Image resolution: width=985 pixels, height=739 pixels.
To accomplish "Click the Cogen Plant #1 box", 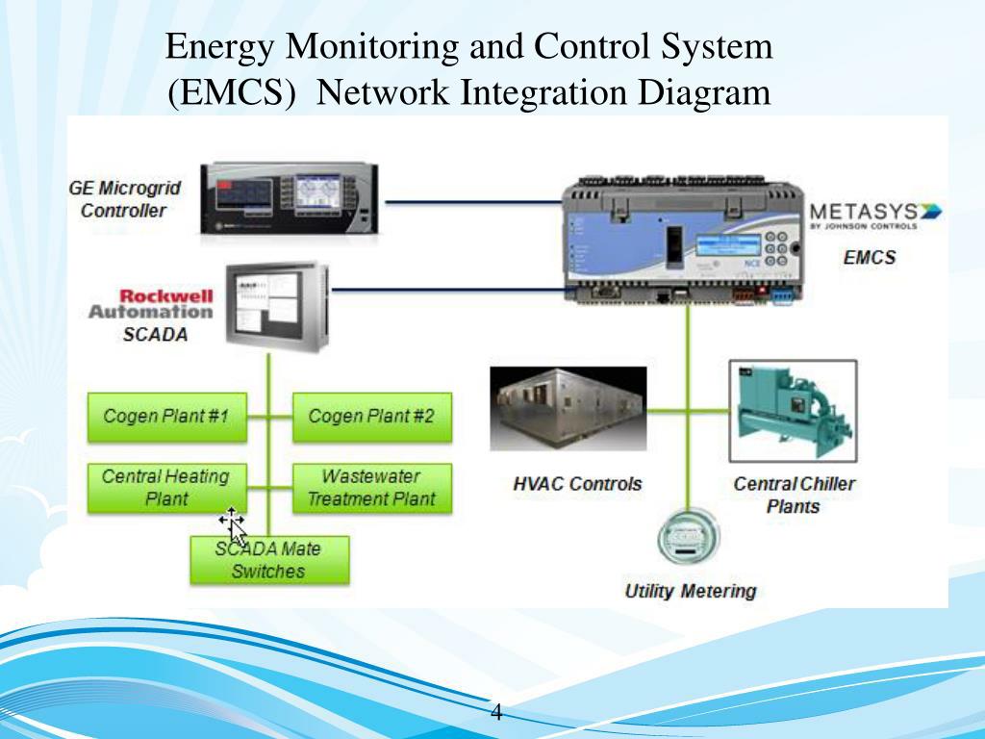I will [166, 417].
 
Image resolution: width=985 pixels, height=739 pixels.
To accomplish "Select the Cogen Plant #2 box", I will [371, 417].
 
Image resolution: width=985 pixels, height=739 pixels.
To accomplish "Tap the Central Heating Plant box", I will [166, 488].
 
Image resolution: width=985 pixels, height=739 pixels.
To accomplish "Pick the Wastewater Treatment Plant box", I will [371, 488].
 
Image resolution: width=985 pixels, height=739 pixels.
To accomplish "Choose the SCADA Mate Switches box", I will [268, 560].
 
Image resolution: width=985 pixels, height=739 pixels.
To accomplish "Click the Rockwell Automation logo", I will [153, 303].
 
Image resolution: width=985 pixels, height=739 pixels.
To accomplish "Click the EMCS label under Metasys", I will [869, 257].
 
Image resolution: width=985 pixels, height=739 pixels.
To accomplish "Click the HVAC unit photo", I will [568, 409].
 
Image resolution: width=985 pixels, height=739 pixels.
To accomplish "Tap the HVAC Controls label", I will [577, 483].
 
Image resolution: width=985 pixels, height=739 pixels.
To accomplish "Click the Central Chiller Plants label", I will [794, 495].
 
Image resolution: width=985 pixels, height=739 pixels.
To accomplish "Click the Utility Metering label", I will [691, 591].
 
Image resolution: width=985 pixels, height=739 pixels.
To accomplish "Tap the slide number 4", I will [496, 713].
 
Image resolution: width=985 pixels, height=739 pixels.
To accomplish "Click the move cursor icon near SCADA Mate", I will [232, 522].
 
